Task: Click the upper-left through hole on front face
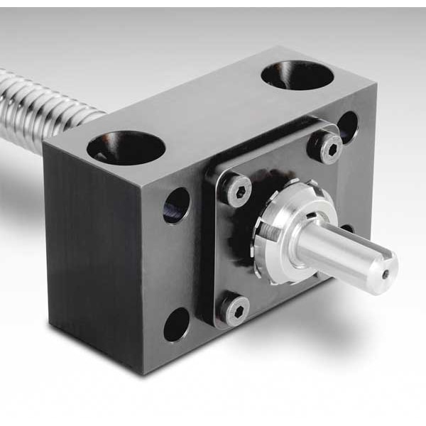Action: pyautogui.click(x=177, y=205)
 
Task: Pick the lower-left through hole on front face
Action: pyautogui.click(x=177, y=324)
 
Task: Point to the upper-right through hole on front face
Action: pyautogui.click(x=347, y=126)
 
